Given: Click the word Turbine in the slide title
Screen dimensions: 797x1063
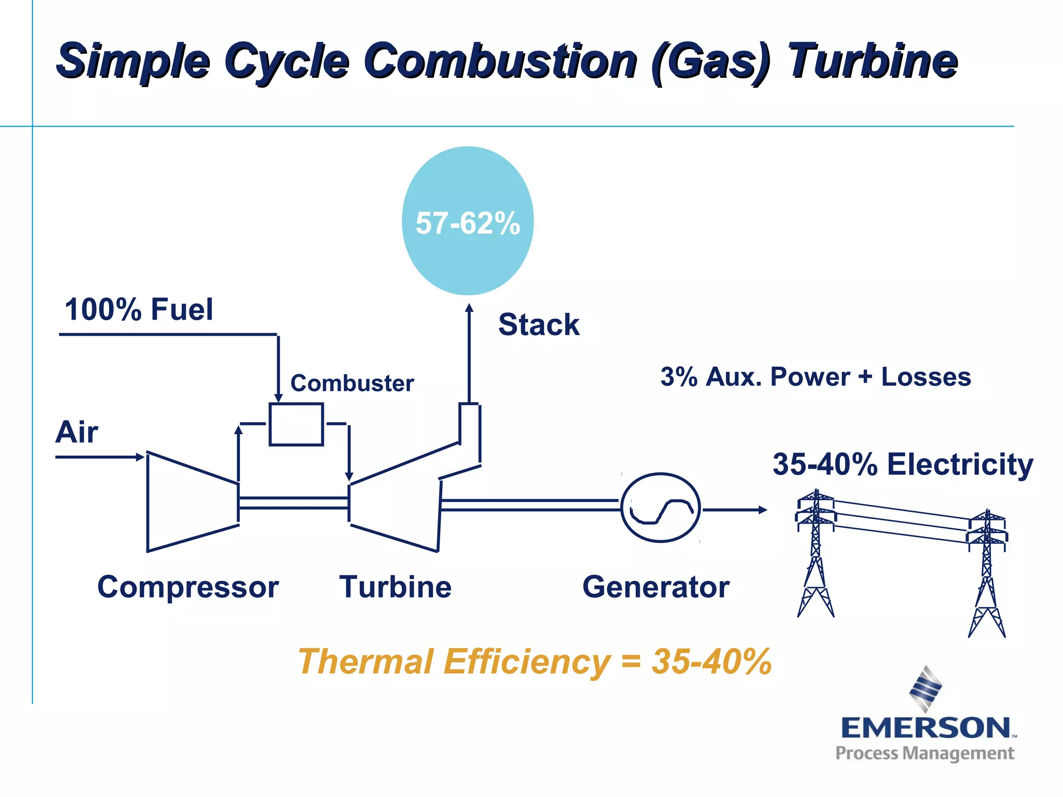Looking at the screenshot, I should (872, 61).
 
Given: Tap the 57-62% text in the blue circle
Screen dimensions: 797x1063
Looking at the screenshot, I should (468, 223).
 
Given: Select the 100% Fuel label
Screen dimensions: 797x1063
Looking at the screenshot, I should (139, 310).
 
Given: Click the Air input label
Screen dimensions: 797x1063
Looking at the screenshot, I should (77, 432).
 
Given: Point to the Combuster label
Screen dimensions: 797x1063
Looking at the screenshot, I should (352, 383).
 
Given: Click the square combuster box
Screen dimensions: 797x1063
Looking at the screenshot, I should (296, 424).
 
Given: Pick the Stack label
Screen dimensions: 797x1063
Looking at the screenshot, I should (539, 325).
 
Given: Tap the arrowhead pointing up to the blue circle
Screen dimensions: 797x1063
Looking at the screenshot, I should (469, 308).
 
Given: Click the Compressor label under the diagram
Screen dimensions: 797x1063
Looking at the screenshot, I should (188, 587).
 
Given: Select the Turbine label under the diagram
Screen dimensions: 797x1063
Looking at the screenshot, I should (396, 587).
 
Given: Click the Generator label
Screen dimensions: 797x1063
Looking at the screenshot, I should (656, 587).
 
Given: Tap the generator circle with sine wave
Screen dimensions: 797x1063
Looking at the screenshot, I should (661, 508).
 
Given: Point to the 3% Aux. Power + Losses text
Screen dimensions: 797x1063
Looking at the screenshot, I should (815, 377).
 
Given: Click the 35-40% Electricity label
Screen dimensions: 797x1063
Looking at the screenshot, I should (903, 464).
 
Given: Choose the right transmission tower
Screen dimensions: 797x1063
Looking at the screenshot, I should (987, 573).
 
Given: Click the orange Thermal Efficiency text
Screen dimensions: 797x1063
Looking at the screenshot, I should (535, 662).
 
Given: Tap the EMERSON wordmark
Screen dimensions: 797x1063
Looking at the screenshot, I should (925, 728).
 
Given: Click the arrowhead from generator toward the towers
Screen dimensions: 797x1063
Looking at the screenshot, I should (763, 510).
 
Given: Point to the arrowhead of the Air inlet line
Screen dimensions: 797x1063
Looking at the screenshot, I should (140, 457).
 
